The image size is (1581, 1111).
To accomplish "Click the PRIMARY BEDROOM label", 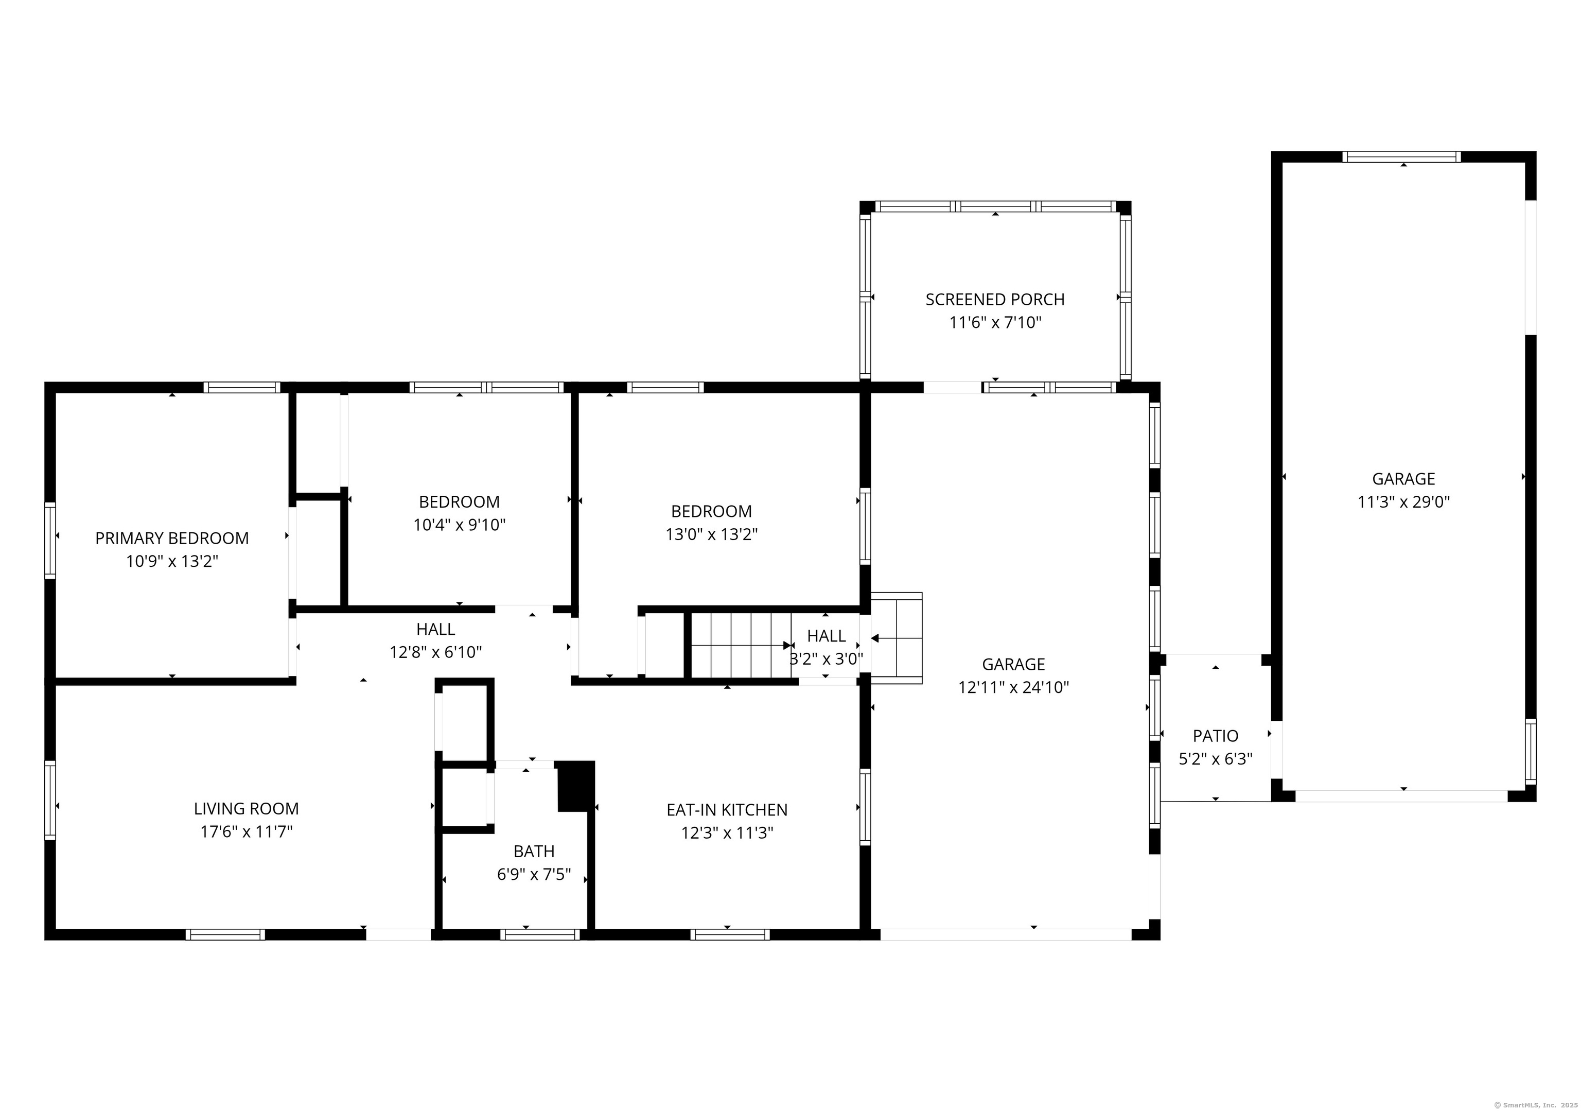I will tap(171, 538).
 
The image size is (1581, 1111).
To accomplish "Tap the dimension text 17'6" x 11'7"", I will tap(246, 831).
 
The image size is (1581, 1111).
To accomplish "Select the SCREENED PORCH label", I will tap(994, 300).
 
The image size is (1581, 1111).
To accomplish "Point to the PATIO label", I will tap(1216, 736).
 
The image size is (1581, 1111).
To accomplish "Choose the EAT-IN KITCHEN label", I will tap(727, 809).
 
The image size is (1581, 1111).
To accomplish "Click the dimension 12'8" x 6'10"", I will tap(435, 652).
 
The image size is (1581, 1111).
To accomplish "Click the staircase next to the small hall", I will tap(740, 646).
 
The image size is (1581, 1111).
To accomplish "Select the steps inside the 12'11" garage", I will tap(897, 638).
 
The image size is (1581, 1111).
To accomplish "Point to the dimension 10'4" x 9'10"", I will tap(459, 525).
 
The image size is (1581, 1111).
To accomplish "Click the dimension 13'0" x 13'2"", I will tap(711, 534).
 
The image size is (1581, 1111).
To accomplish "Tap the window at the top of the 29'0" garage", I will tap(1401, 157).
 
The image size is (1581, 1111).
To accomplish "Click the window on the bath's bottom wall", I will tap(540, 935).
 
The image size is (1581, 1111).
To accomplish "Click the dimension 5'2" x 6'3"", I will tap(1216, 759).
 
